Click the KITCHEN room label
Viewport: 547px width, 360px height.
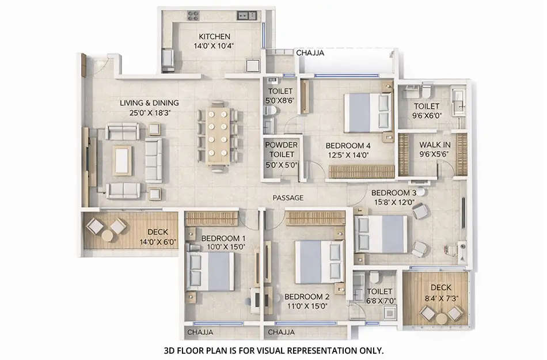coord(214,36)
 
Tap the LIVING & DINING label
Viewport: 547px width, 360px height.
coord(149,103)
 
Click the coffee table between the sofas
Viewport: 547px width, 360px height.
coord(123,160)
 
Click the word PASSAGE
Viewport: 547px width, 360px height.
coord(288,198)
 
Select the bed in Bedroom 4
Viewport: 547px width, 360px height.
coord(367,112)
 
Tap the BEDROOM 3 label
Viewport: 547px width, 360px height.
coord(393,192)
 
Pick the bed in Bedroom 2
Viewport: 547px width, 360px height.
coord(319,262)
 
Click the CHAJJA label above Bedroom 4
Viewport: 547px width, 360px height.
coord(310,52)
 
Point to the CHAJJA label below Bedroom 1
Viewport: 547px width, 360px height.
coord(200,332)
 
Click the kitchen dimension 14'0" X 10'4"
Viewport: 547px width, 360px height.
coord(214,46)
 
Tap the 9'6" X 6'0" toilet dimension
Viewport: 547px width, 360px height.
coord(427,116)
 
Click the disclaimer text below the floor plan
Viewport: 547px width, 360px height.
coord(273,350)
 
